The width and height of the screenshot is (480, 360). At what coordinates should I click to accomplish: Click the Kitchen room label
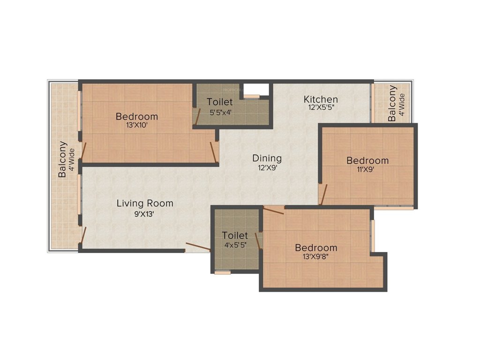coord(321,99)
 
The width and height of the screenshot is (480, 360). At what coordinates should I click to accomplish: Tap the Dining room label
coord(267,158)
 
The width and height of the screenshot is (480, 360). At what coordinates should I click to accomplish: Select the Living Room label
coord(145,203)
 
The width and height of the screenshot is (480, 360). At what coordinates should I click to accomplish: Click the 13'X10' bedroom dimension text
coord(137,125)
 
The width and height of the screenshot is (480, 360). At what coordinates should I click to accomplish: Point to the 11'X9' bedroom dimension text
coord(367,170)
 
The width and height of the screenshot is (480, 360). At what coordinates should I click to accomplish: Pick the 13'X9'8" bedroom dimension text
coord(315,256)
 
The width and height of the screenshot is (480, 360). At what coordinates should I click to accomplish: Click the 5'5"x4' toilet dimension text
coord(219,112)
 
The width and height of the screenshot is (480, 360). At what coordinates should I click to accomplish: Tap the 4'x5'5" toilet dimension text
coord(234,244)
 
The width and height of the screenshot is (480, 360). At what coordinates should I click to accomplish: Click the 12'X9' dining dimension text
coord(267,167)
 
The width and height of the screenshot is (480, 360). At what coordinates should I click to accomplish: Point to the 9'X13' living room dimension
coord(145,214)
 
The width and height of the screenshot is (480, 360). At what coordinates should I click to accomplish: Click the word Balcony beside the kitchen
coord(392,103)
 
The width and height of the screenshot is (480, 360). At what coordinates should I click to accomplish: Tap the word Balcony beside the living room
coord(62,159)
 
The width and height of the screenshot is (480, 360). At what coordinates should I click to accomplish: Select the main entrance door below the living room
coord(197,247)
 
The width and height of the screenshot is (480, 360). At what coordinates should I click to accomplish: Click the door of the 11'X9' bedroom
coord(323,194)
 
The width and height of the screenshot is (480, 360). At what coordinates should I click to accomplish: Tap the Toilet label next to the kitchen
coord(219,102)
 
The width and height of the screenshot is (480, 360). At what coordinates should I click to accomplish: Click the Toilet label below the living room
coord(234,235)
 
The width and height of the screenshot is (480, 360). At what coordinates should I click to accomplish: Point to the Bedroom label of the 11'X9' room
coord(367,160)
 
